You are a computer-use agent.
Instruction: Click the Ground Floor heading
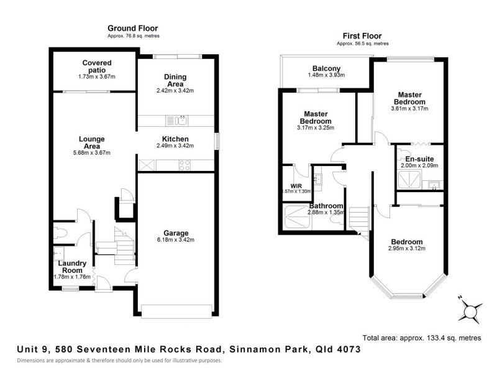point(132,28)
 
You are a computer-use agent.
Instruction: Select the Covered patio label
point(97,66)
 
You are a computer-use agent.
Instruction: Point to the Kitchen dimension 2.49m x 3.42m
point(175,146)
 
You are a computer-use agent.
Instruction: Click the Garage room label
point(177,233)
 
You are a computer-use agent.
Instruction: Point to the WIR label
point(288,185)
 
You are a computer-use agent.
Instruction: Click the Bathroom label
point(327,206)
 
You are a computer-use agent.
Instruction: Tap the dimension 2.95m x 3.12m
point(406,249)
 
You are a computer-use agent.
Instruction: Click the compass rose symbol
point(470,309)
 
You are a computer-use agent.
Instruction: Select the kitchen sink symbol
point(176,120)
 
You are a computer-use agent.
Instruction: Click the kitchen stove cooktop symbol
point(185,164)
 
